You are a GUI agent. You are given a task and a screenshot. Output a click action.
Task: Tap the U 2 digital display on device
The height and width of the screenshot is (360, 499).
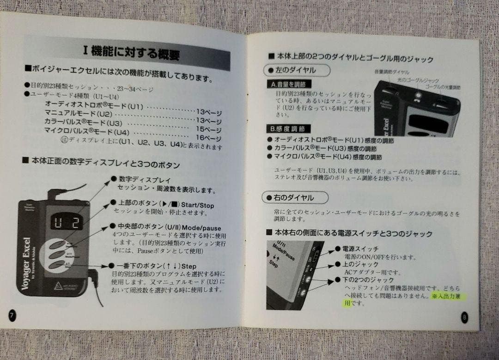point(66,223)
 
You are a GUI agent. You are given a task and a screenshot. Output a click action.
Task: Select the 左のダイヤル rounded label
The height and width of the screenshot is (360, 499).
point(296,71)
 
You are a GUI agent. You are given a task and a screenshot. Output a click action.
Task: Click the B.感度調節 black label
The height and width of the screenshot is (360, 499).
point(288,128)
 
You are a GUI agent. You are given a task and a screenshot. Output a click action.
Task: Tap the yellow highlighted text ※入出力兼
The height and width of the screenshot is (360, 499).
point(448,296)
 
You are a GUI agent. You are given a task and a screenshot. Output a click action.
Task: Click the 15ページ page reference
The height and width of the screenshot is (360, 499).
point(209,129)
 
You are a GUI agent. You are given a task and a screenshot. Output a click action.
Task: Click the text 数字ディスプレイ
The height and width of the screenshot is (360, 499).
point(145,179)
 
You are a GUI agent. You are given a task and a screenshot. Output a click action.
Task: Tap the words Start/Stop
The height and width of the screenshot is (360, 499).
point(198,205)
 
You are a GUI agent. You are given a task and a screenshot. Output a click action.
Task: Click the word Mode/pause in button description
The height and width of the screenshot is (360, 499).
point(201,227)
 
